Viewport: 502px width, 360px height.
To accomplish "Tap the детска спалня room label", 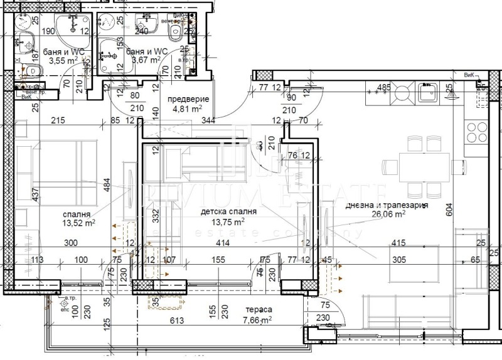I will (x=223, y=213).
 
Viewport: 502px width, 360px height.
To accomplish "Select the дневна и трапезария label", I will (x=387, y=205).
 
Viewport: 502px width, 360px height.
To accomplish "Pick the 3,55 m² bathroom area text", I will (x=64, y=61).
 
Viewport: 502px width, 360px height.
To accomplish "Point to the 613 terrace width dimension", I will (x=176, y=321).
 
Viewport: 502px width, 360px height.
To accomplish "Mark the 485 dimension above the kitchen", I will (x=384, y=87).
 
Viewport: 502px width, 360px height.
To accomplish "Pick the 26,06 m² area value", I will (x=390, y=214).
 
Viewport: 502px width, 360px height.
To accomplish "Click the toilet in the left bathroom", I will (x=29, y=73).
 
